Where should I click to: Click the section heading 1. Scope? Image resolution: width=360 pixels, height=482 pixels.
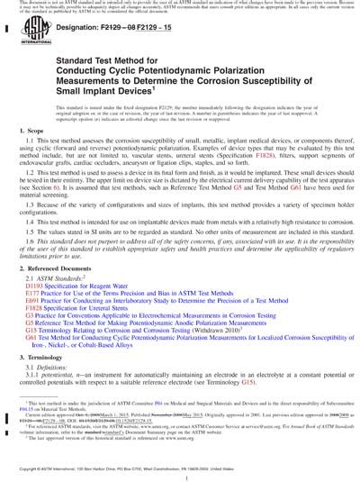pyautogui.click(x=24, y=157)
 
